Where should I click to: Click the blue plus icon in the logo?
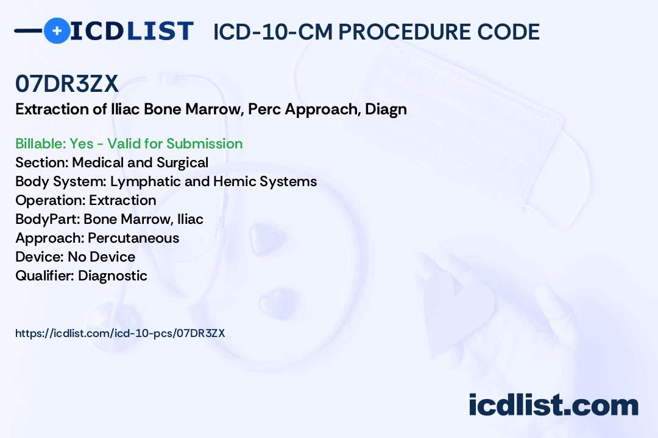pos(57,30)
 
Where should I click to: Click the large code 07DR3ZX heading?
pos(67,84)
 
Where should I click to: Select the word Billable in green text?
pos(40,144)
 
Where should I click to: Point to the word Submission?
pos(204,144)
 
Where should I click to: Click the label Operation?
pos(51,201)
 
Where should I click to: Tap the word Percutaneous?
pos(133,238)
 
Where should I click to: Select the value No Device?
pos(102,257)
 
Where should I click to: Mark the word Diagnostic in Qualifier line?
pos(113,276)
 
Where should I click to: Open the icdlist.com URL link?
pos(120,333)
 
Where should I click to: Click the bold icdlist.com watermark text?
pos(553,405)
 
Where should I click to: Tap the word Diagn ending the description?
pos(386,110)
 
